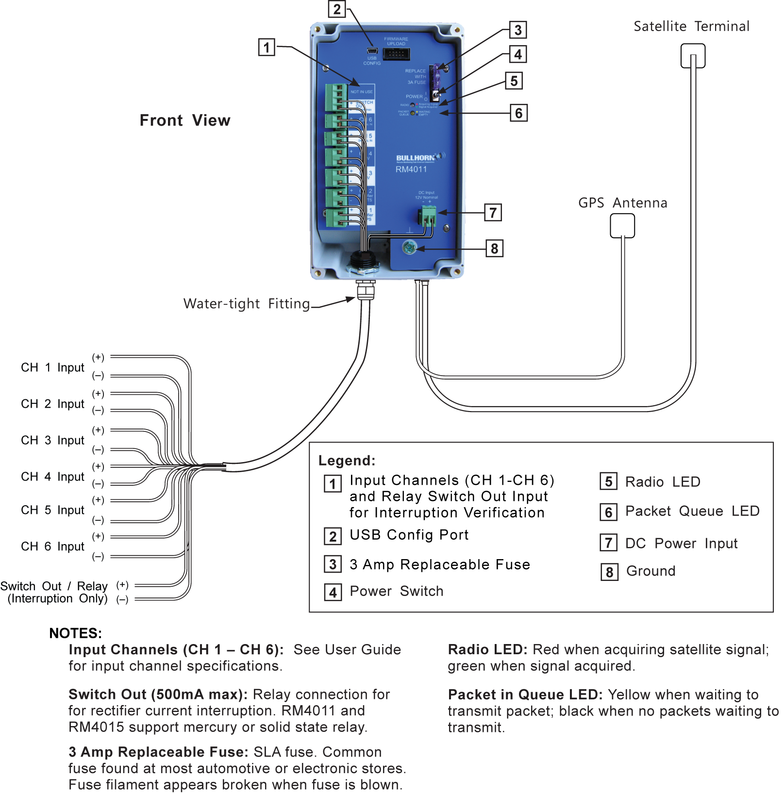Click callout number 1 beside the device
coord(267,48)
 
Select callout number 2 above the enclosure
coord(337,9)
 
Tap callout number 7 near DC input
coord(493,213)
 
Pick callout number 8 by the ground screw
coord(495,248)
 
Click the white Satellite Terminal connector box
coord(693,56)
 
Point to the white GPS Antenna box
coord(622,226)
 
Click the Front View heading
coord(185,120)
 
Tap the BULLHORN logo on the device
coord(416,158)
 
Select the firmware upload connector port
coord(396,54)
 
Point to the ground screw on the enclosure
coord(409,248)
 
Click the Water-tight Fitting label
coord(247,304)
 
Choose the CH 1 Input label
coord(53,367)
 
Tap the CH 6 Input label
coord(53,546)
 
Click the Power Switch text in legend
coord(396,591)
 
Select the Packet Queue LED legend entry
coord(692,511)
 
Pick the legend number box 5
coord(609,481)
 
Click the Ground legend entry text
coord(651,571)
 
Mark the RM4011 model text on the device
coord(411,169)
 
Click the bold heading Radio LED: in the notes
coord(487,649)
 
